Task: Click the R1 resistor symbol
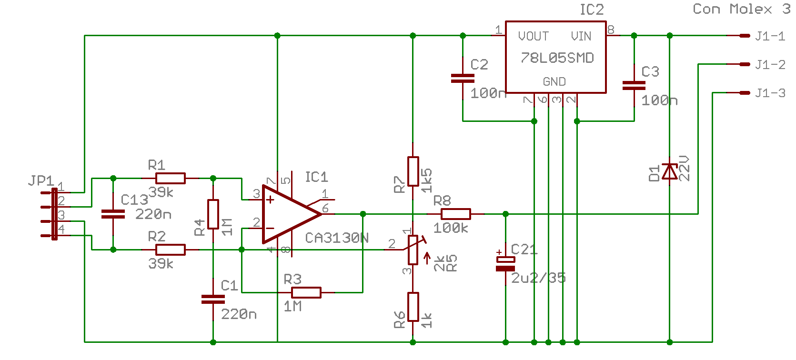pyautogui.click(x=170, y=178)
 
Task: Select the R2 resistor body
pyautogui.click(x=170, y=250)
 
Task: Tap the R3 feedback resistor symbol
pyautogui.click(x=306, y=292)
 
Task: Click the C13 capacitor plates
pyautogui.click(x=113, y=214)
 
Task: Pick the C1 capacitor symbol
pyautogui.click(x=213, y=299)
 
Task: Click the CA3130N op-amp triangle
pyautogui.click(x=288, y=214)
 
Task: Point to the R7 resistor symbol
pyautogui.click(x=413, y=171)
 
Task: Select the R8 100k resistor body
pyautogui.click(x=455, y=214)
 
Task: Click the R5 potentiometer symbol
pyautogui.click(x=413, y=250)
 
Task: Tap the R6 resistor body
pyautogui.click(x=413, y=307)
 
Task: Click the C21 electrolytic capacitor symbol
pyautogui.click(x=505, y=264)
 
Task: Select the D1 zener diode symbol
pyautogui.click(x=670, y=171)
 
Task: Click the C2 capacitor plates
pyautogui.click(x=463, y=79)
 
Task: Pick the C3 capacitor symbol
pyautogui.click(x=634, y=86)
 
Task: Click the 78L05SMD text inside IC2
pyautogui.click(x=557, y=58)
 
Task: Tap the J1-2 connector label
pyautogui.click(x=770, y=65)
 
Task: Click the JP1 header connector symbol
pyautogui.click(x=54, y=214)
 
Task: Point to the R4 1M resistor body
pyautogui.click(x=213, y=214)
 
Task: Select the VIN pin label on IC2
pyautogui.click(x=581, y=36)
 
